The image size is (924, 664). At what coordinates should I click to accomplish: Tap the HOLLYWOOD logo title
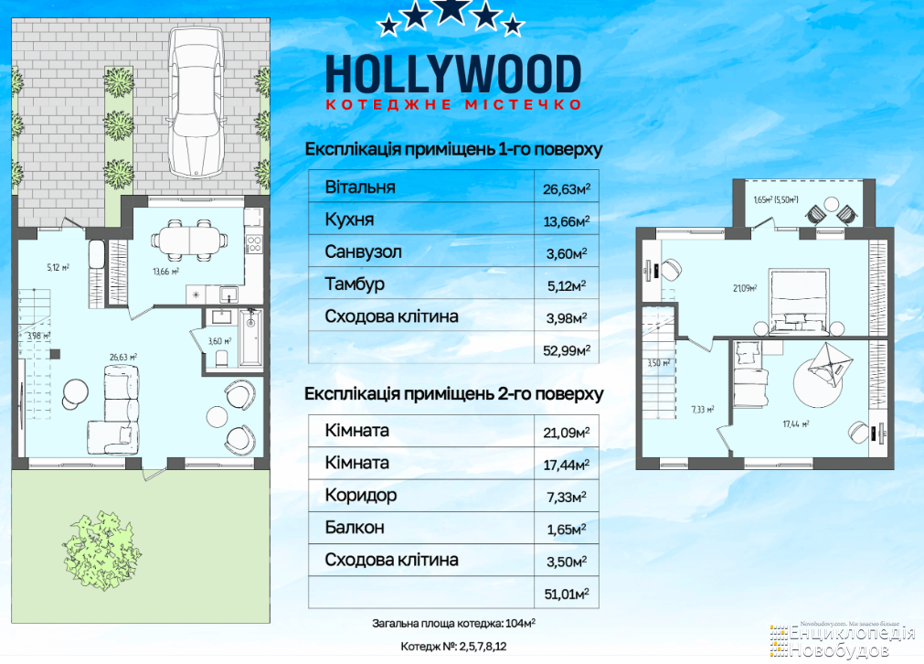point(453,74)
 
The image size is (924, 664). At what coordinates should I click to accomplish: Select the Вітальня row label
point(360,187)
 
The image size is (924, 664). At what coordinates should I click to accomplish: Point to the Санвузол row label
point(363,252)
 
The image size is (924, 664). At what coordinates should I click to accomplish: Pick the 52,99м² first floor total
point(567,350)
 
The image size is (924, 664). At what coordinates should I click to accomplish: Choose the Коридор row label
point(361,496)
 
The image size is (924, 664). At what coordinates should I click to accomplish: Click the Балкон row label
point(355,527)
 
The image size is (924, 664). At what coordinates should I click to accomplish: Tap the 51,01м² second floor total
point(567,594)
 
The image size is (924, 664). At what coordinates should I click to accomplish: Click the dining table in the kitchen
point(189,241)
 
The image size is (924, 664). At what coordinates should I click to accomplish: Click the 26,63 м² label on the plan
point(123,357)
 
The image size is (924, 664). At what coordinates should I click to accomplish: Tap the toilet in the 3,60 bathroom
point(221,358)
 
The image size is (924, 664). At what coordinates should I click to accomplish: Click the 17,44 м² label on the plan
point(795,423)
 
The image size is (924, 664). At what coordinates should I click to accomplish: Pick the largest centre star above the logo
point(451,10)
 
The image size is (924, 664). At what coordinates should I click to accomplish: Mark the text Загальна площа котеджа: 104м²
point(453,624)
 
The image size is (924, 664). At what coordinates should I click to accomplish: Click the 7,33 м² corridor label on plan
point(703,409)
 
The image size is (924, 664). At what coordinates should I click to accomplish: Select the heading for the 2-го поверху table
point(453,394)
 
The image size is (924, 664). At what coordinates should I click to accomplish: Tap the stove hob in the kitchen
point(254,243)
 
